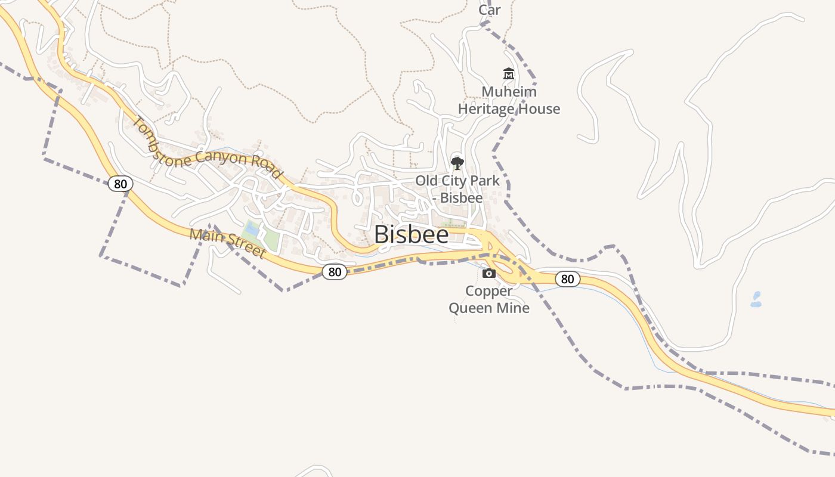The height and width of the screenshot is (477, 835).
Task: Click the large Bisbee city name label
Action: (x=412, y=234)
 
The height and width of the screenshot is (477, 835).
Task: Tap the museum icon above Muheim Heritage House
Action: (x=509, y=74)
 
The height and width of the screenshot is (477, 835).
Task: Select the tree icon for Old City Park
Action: (x=457, y=163)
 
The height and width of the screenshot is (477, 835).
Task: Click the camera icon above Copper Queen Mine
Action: (x=489, y=273)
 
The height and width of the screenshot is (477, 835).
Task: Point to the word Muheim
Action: (x=509, y=92)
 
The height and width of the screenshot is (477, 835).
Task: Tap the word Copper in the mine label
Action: (x=488, y=291)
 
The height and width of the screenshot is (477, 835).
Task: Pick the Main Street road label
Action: (x=227, y=243)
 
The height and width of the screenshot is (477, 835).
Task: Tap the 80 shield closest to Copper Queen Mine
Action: (x=567, y=278)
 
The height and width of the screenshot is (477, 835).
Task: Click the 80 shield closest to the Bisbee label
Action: (x=335, y=272)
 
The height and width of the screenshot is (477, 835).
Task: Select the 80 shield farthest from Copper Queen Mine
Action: (x=120, y=184)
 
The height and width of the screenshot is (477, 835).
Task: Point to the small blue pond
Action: (x=756, y=299)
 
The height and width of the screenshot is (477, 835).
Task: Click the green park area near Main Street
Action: (x=270, y=239)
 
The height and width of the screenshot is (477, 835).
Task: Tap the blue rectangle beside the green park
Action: (x=252, y=228)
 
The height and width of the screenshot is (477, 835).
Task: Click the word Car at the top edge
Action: (x=490, y=10)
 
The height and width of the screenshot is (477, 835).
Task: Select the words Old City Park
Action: (x=457, y=181)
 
